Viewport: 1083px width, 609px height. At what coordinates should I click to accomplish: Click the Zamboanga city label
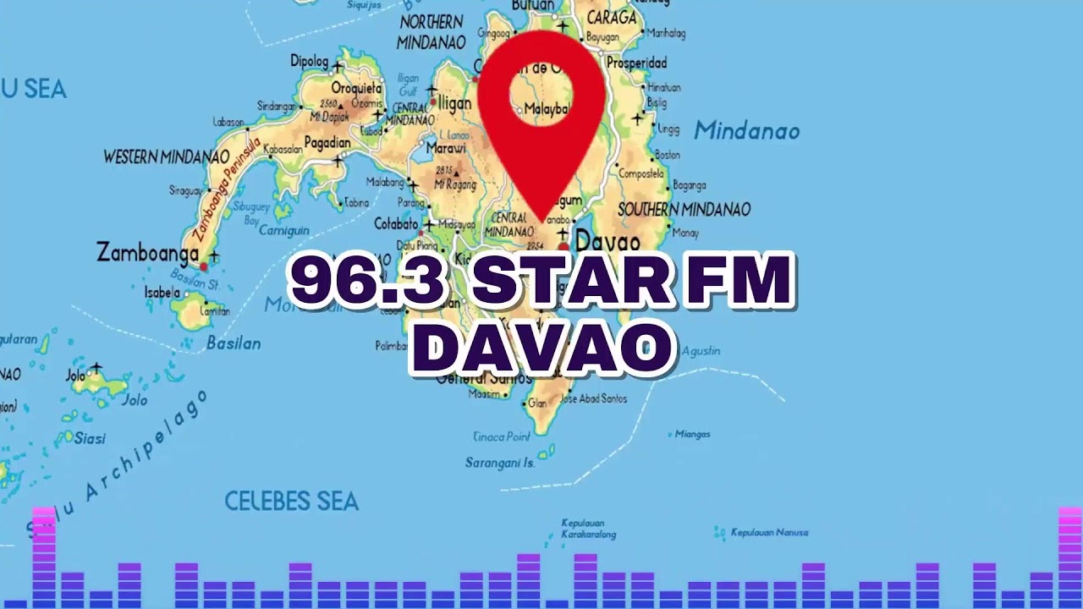pos(147,252)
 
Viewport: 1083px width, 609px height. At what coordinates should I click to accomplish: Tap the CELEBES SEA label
pos(291,502)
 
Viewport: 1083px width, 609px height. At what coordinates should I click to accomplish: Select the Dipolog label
pos(309,61)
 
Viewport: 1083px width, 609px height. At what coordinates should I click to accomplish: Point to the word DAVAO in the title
pos(542,347)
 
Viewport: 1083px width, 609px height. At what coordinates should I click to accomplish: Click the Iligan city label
pos(454,104)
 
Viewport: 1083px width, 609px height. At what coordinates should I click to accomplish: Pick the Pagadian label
pos(327,142)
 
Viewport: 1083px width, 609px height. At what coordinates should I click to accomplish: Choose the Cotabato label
pos(396,224)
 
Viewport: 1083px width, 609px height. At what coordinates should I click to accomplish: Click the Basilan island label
pos(233,343)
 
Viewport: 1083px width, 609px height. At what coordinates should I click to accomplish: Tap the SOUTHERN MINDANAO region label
pos(684,210)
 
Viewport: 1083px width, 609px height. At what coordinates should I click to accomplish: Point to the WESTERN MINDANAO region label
pos(166,157)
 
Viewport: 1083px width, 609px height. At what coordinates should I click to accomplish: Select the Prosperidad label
pos(636,63)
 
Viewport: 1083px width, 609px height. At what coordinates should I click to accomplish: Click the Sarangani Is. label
pos(500,463)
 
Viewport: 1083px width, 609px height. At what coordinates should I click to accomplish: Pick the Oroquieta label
pos(357,88)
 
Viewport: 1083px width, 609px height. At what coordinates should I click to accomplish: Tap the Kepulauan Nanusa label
pos(769,533)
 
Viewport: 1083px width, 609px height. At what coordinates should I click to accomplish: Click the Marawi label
pos(446,148)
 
